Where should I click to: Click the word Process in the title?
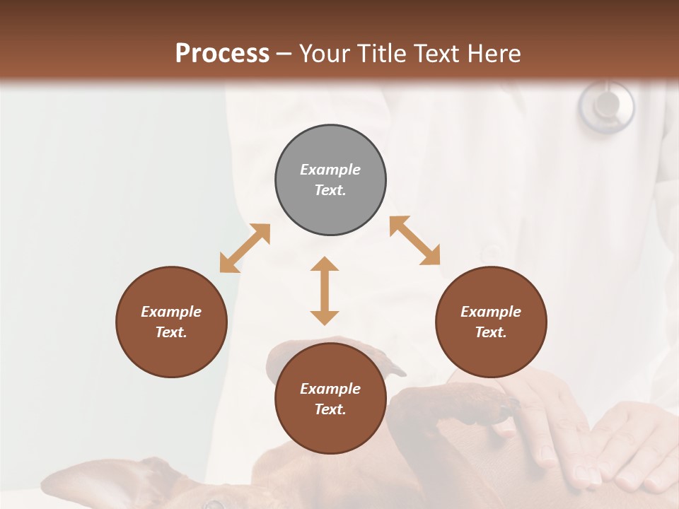pyautogui.click(x=222, y=54)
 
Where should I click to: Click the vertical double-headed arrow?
pyautogui.click(x=325, y=291)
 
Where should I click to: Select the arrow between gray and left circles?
pyautogui.click(x=245, y=248)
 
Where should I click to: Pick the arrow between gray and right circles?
pyautogui.click(x=414, y=240)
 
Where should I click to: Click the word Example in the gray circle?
pyautogui.click(x=330, y=170)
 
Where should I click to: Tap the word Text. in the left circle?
pyautogui.click(x=171, y=332)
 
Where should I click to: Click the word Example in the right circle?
pyautogui.click(x=491, y=312)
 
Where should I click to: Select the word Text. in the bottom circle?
pyautogui.click(x=330, y=409)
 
